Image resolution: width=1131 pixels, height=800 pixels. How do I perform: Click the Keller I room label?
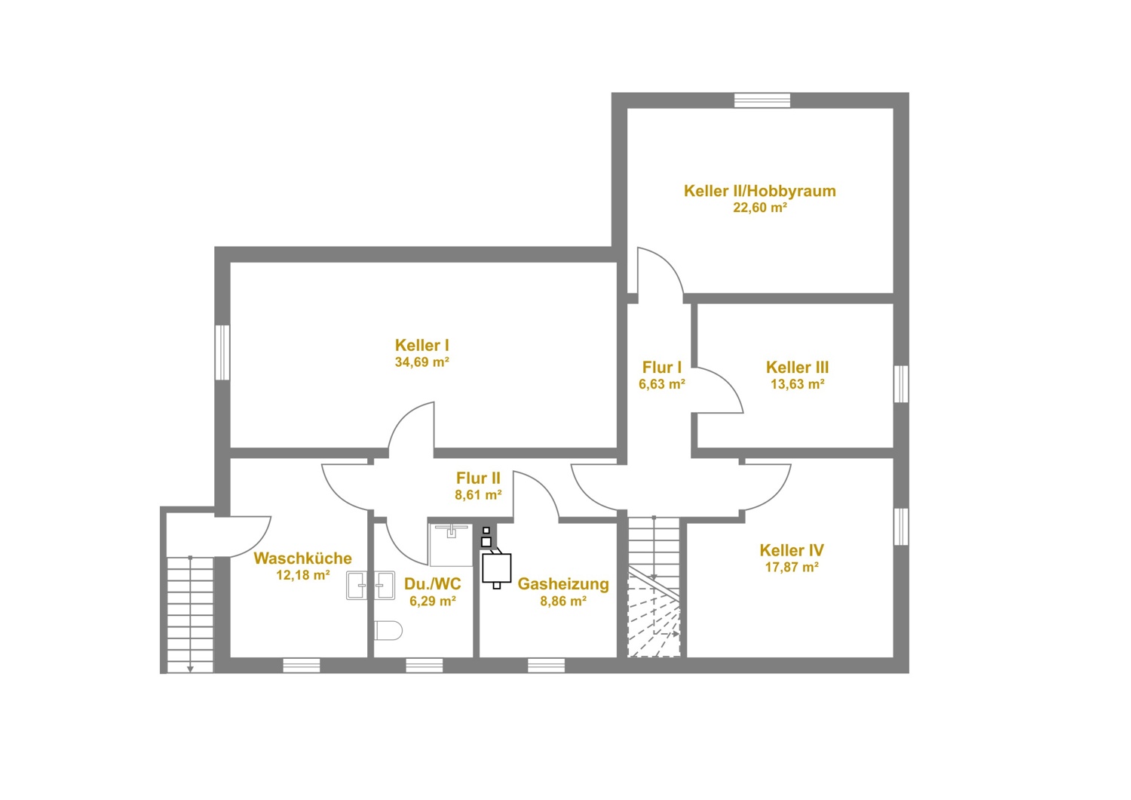click(x=421, y=345)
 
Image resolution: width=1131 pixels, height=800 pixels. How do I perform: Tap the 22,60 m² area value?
click(x=760, y=208)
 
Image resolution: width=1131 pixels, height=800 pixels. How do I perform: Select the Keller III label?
click(x=797, y=367)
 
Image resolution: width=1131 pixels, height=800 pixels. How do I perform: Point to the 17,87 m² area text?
click(x=792, y=567)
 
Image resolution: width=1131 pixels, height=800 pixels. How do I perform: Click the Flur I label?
click(x=661, y=367)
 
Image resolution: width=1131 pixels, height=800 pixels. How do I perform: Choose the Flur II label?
click(x=478, y=478)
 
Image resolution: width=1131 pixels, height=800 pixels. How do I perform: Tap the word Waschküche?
click(x=302, y=558)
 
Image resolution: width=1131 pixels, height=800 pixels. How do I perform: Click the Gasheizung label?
click(x=563, y=583)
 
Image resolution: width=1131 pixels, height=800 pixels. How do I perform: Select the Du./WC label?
click(x=432, y=583)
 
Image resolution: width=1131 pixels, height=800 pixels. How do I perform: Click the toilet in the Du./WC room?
click(x=388, y=630)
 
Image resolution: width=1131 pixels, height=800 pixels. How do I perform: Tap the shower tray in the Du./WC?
click(x=450, y=545)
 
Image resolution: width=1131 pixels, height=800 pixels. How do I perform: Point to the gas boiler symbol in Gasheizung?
click(x=496, y=569)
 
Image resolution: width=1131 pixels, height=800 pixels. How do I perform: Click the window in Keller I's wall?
click(x=222, y=352)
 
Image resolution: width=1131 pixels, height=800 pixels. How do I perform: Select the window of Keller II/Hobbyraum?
click(x=762, y=100)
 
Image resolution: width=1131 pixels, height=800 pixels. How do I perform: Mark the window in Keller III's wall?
click(x=901, y=384)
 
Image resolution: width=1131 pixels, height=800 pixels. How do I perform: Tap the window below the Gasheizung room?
click(x=547, y=665)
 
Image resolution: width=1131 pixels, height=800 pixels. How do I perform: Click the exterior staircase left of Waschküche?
click(x=190, y=614)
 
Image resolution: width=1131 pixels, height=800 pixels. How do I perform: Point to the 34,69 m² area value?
click(x=421, y=362)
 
